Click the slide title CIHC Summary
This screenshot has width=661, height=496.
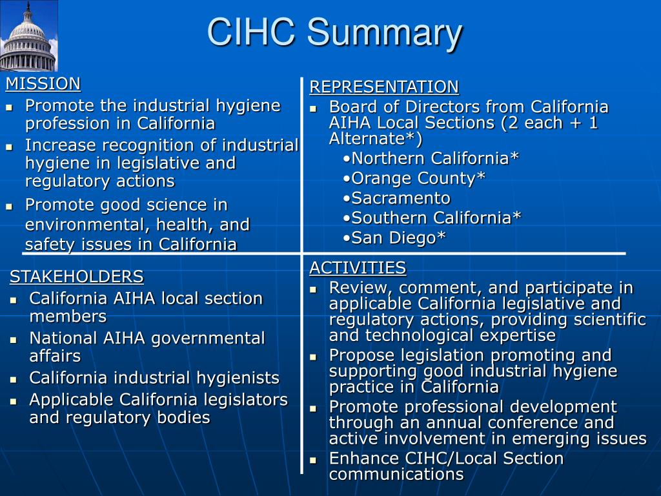pyautogui.click(x=334, y=33)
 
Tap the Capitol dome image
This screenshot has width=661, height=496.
pyautogui.click(x=28, y=36)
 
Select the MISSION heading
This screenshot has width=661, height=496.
pyautogui.click(x=43, y=83)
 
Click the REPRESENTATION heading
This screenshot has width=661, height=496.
pyautogui.click(x=384, y=87)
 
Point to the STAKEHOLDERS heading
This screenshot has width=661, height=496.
pyautogui.click(x=76, y=277)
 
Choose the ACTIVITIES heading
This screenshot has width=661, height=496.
pyautogui.click(x=358, y=267)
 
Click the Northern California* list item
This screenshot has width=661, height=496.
pyautogui.click(x=431, y=158)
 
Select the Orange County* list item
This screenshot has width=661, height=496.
pyautogui.click(x=414, y=178)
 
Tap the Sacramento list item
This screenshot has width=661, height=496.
pyautogui.click(x=397, y=198)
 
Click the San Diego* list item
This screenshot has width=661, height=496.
pyautogui.click(x=394, y=238)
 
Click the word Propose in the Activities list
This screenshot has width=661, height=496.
pyautogui.click(x=361, y=355)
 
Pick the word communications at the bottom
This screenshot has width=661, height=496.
pyautogui.click(x=396, y=475)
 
